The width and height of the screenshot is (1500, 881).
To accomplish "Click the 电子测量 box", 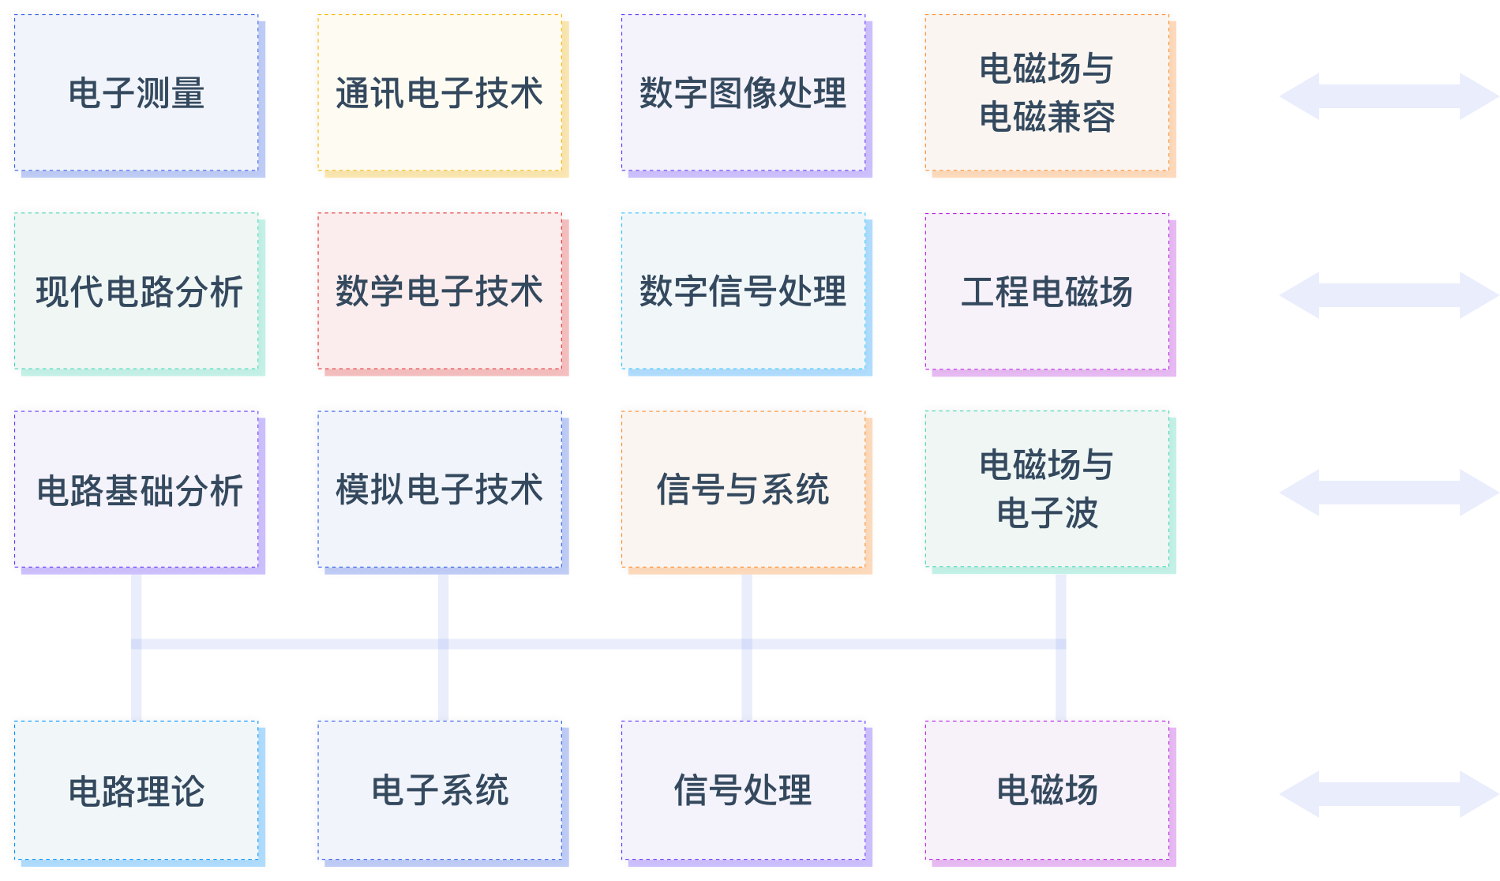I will (137, 94).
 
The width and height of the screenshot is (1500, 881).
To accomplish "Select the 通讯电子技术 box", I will (441, 94).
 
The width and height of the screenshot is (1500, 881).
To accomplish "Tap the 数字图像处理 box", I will (744, 94).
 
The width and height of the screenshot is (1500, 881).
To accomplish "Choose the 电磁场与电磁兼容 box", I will (1048, 94).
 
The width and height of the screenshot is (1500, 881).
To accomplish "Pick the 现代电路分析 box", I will (137, 293).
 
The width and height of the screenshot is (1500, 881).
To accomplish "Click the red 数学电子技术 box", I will (441, 293).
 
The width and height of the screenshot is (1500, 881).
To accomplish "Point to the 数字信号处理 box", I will (744, 293).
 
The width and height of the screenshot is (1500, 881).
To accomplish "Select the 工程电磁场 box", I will (1048, 293).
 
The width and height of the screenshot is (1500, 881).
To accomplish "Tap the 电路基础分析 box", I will (137, 491).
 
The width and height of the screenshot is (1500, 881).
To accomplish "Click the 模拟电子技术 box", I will (441, 491).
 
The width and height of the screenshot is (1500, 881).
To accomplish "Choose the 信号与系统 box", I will (744, 491).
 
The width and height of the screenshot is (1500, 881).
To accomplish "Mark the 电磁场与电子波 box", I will (1048, 491).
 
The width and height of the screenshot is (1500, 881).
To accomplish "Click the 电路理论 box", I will (137, 792).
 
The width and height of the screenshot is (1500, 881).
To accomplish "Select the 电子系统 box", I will (441, 792).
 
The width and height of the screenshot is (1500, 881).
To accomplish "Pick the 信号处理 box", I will (744, 792).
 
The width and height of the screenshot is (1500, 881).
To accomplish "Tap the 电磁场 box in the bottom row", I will (1048, 792).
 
